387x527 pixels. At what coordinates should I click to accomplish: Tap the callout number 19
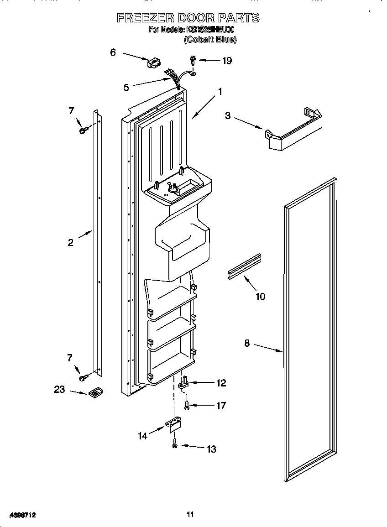[x=227, y=61]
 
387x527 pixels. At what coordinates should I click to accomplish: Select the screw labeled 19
[x=193, y=60]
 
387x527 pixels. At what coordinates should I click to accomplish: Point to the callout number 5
[x=126, y=87]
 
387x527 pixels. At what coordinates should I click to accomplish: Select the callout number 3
[x=228, y=115]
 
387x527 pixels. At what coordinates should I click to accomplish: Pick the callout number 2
[x=70, y=243]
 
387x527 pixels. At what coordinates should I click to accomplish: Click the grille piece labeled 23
[x=95, y=392]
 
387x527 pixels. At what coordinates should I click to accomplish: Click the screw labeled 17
[x=187, y=405]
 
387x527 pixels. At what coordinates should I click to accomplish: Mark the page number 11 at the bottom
[x=190, y=515]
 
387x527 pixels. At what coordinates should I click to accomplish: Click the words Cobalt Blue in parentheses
[x=210, y=40]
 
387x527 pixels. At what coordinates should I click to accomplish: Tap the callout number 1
[x=220, y=92]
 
